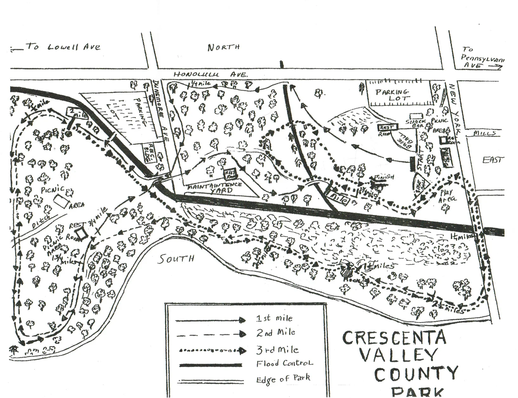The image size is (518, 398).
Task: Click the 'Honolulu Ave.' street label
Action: [x=210, y=75]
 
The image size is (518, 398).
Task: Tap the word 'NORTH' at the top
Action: [x=223, y=48]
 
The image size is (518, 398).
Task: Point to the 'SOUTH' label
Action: [x=176, y=259]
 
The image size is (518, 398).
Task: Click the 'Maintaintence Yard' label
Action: [x=215, y=188]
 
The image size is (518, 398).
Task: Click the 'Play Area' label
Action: [x=447, y=196]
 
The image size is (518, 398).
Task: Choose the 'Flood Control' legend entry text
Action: [x=284, y=363]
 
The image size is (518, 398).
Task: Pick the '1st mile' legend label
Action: [x=274, y=318]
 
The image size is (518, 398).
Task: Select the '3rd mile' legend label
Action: [x=277, y=349]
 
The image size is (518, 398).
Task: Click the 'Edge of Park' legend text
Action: [x=283, y=378]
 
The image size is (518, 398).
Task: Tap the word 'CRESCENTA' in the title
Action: [x=394, y=338]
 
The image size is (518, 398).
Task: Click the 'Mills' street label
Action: [x=484, y=133]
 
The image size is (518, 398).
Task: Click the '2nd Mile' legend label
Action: [x=275, y=333]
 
